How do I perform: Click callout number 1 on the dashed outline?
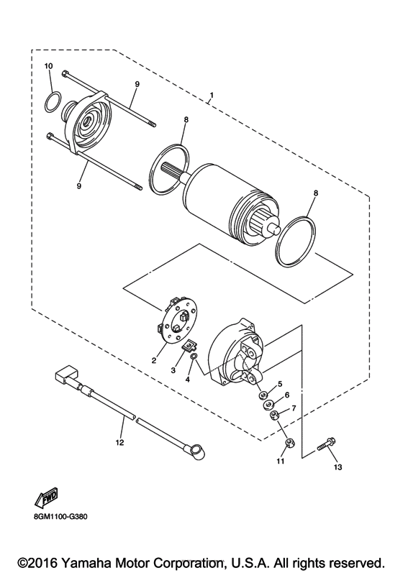tap(212, 95)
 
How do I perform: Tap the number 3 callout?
tap(173, 370)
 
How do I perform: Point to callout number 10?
tap(48, 66)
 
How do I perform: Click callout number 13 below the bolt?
tap(337, 467)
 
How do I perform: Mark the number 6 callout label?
tap(286, 395)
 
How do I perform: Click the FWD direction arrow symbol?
tap(46, 497)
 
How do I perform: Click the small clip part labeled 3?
tap(190, 348)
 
